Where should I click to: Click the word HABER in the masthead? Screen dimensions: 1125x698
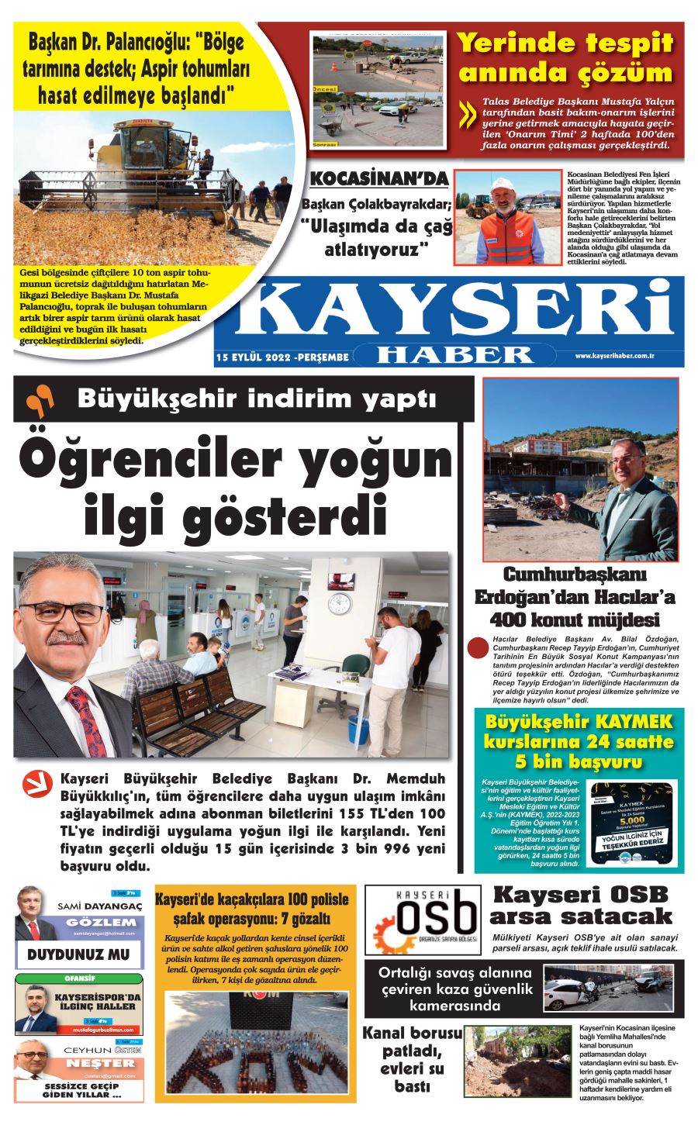pyautogui.click(x=454, y=354)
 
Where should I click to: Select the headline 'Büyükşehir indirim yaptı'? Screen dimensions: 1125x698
pyautogui.click(x=257, y=399)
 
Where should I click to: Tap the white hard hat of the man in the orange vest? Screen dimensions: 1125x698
pyautogui.click(x=505, y=185)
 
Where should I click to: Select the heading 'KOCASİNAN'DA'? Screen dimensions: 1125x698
pyautogui.click(x=378, y=179)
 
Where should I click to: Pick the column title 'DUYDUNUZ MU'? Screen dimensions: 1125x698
pyautogui.click(x=79, y=954)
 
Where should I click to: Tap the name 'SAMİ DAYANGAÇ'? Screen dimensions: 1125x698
pyautogui.click(x=100, y=906)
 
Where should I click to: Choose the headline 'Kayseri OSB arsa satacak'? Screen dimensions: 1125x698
pyautogui.click(x=580, y=905)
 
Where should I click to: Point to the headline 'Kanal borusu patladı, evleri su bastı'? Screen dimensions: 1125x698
pyautogui.click(x=411, y=1059)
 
